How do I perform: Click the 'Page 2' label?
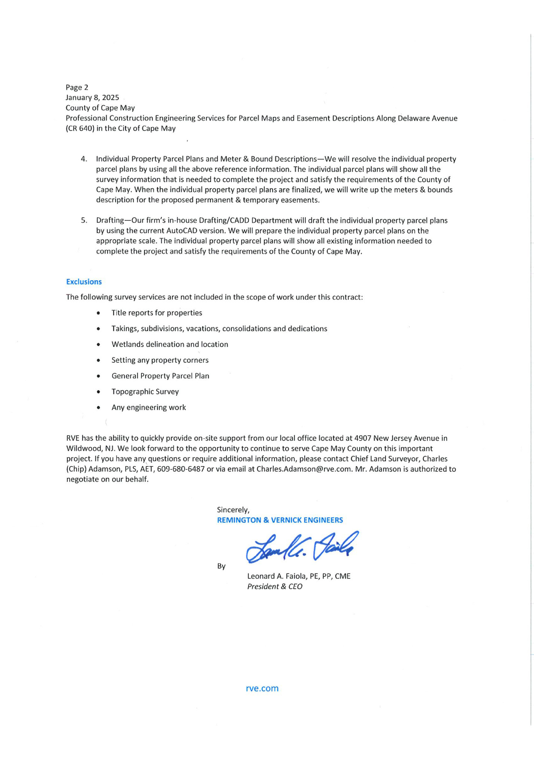click(x=77, y=87)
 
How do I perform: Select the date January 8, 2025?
click(x=92, y=98)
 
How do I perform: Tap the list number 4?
click(x=84, y=159)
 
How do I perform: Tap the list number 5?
click(x=84, y=220)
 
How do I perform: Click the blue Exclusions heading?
click(x=84, y=282)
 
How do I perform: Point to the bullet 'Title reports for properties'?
click(x=157, y=313)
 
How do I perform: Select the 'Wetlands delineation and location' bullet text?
click(x=170, y=344)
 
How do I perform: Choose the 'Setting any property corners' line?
click(x=160, y=360)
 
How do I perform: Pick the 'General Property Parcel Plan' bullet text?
click(x=160, y=376)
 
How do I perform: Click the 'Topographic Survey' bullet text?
click(x=145, y=391)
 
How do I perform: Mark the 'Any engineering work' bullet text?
click(x=148, y=407)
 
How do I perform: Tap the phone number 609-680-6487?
click(x=181, y=469)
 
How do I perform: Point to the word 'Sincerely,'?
click(x=233, y=510)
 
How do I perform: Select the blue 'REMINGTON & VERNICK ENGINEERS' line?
click(x=280, y=520)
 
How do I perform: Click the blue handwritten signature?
click(x=301, y=547)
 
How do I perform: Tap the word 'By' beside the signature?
click(x=221, y=566)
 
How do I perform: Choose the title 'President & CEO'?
click(x=274, y=586)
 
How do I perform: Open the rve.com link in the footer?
click(x=262, y=688)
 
